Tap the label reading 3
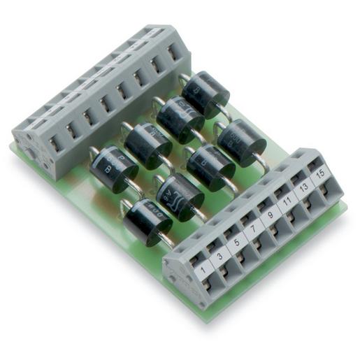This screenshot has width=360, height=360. point(220,257)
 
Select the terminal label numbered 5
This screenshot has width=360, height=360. point(236,245)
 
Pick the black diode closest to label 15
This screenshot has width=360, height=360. point(242,141)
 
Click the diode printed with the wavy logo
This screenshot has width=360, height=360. point(180,196)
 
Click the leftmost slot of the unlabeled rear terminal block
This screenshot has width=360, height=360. point(52,144)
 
